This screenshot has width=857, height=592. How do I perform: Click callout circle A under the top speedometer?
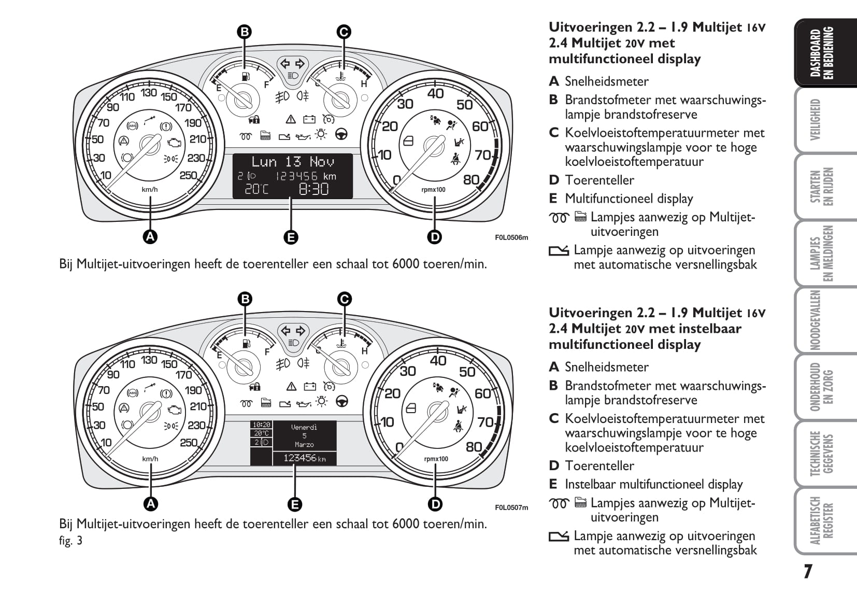[x=150, y=237]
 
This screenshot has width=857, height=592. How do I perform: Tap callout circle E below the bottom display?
[x=294, y=504]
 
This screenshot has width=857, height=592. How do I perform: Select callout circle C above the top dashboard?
[x=343, y=32]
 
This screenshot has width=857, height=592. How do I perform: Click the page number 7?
[x=808, y=572]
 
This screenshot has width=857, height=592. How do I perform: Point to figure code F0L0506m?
[x=511, y=238]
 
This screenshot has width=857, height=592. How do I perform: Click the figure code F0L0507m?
[x=511, y=508]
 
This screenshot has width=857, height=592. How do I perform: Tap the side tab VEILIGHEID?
[x=816, y=120]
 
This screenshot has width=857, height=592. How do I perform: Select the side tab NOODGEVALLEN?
[x=816, y=320]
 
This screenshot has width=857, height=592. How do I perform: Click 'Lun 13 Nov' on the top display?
[x=293, y=162]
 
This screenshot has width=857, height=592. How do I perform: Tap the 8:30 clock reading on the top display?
[x=313, y=189]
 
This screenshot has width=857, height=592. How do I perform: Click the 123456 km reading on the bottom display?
[x=304, y=458]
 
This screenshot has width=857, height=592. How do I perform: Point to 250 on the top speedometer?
[x=188, y=175]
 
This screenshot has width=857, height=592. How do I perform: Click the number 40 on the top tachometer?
[x=435, y=93]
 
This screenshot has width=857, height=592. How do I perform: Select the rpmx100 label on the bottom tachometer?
[x=436, y=459]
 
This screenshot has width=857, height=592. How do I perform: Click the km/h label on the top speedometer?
[x=150, y=190]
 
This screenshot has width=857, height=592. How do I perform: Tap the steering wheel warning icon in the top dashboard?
[x=341, y=135]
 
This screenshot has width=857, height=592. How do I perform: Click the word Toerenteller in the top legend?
[x=599, y=180]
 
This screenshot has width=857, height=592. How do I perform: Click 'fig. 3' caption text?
[x=70, y=541]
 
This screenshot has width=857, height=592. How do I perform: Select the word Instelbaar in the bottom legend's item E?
[x=591, y=484]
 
